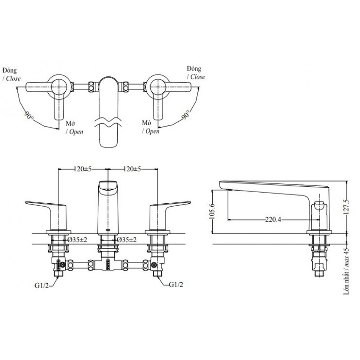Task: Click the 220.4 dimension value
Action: [x=273, y=220]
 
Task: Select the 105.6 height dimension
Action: [x=212, y=211]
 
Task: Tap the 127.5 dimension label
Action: [x=346, y=207]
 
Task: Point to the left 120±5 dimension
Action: [x=83, y=169]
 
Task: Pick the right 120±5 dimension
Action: [x=132, y=169]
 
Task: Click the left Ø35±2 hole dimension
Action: [x=78, y=240]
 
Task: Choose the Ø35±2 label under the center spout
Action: [x=127, y=240]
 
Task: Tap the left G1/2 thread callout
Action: [x=42, y=285]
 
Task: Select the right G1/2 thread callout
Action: [x=176, y=285]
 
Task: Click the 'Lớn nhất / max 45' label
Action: [x=346, y=271]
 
